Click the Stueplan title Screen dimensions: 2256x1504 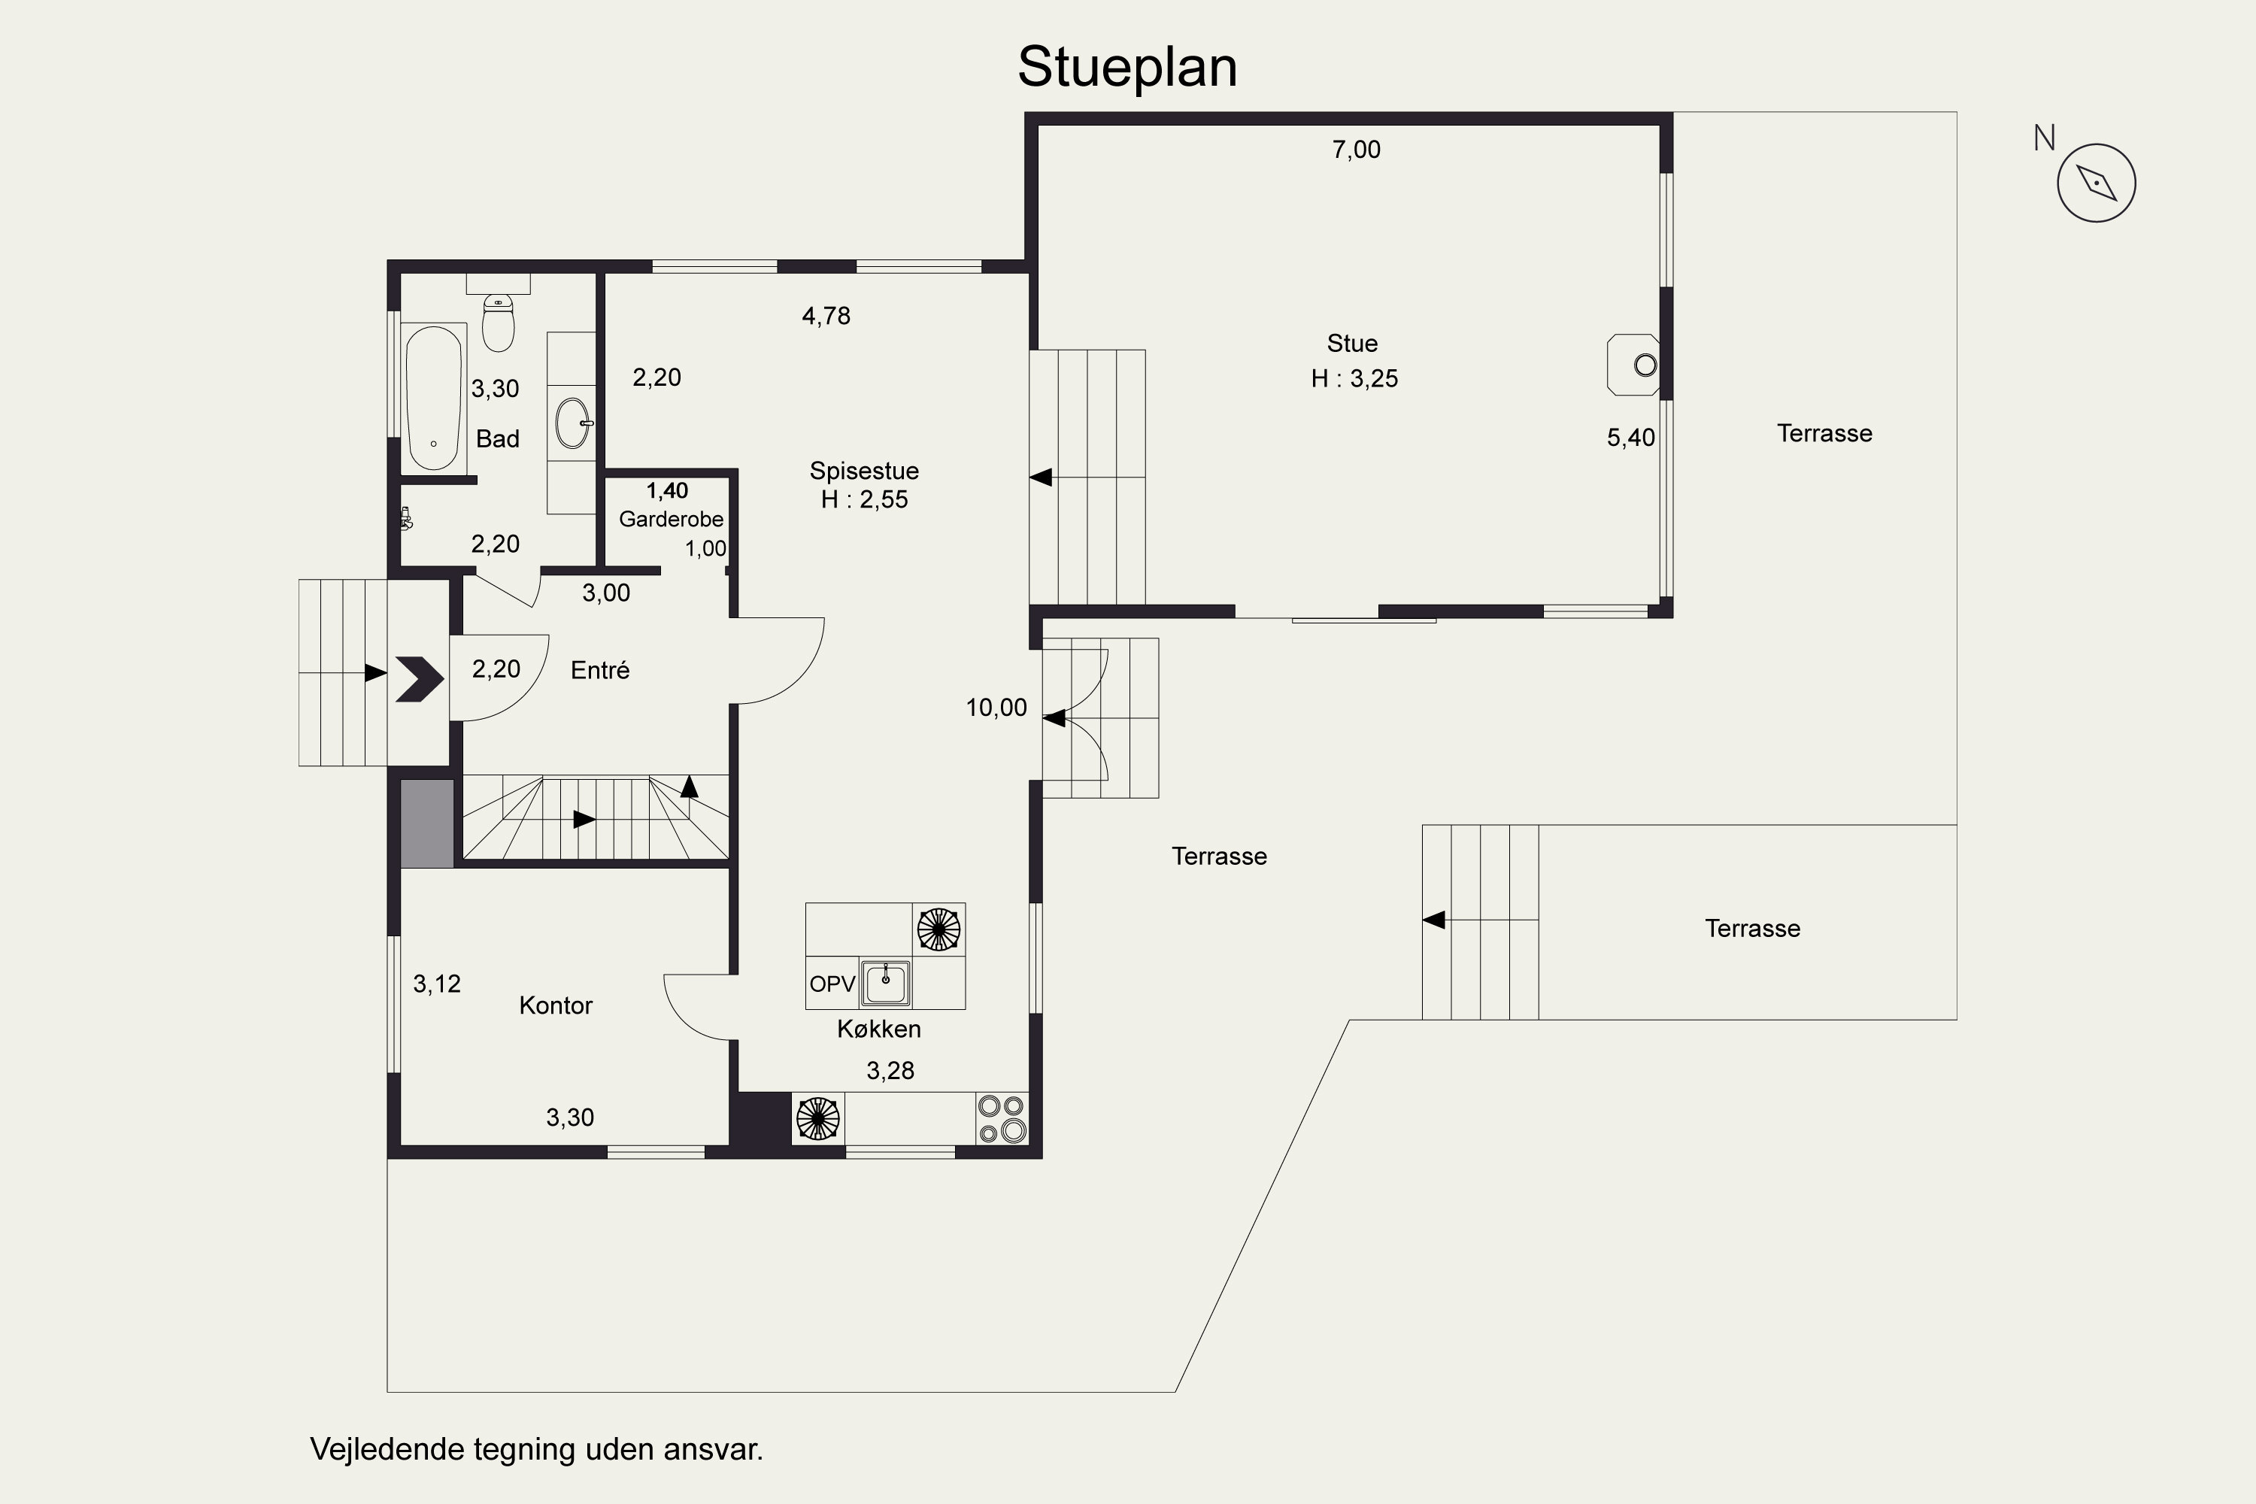[x=1127, y=67]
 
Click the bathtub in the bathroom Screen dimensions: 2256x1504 [x=434, y=397]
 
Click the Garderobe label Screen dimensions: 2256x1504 [x=671, y=519]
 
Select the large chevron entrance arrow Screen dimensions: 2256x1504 [x=419, y=679]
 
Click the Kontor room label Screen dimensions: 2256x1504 [x=556, y=1005]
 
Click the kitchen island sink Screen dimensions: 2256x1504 [x=884, y=982]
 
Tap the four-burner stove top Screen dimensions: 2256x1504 [x=1002, y=1118]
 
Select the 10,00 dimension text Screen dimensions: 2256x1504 [x=996, y=708]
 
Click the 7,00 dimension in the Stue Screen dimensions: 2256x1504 [x=1357, y=150]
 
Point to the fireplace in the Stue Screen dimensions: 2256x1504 [x=1633, y=365]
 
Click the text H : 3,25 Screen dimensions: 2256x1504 [x=1354, y=379]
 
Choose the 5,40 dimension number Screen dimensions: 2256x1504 [x=1630, y=438]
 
